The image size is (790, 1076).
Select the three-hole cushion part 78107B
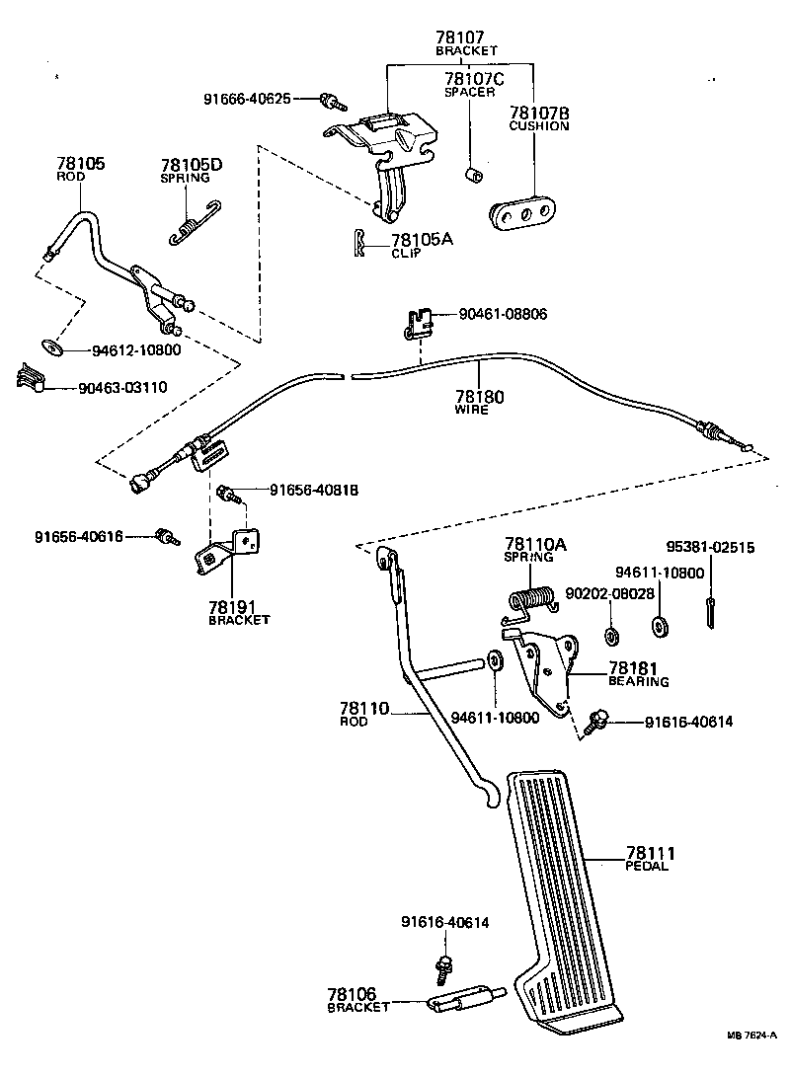pyautogui.click(x=521, y=214)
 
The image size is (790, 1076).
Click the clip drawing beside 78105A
pyautogui.click(x=360, y=242)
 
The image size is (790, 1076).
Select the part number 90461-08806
pyautogui.click(x=503, y=315)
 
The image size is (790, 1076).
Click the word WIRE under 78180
pyautogui.click(x=471, y=410)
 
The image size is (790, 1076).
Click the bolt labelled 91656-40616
pyautogui.click(x=165, y=537)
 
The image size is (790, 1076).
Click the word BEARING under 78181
pyautogui.click(x=638, y=682)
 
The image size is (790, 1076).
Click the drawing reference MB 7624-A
pyautogui.click(x=752, y=1062)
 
